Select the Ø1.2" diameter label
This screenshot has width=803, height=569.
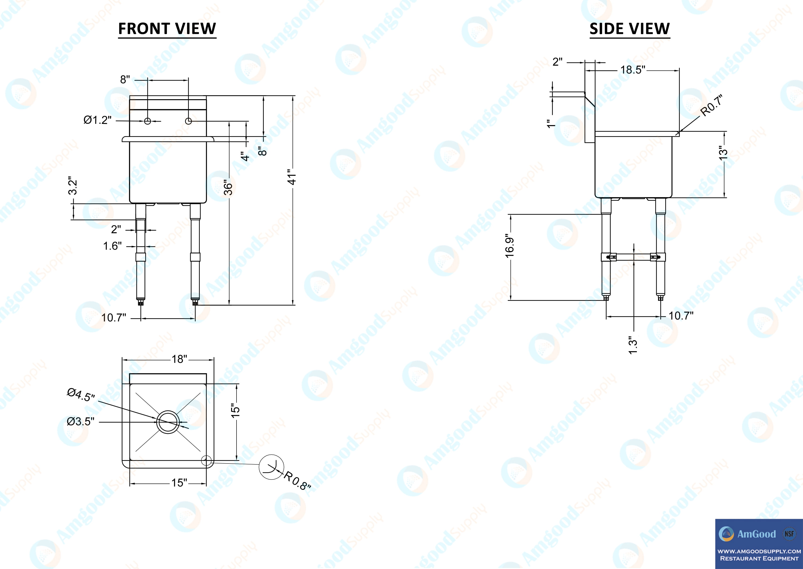pos(97,120)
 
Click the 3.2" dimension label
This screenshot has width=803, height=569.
pos(72,186)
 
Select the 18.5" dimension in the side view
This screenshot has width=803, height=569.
pos(633,70)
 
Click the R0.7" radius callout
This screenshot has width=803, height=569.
pos(711,106)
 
